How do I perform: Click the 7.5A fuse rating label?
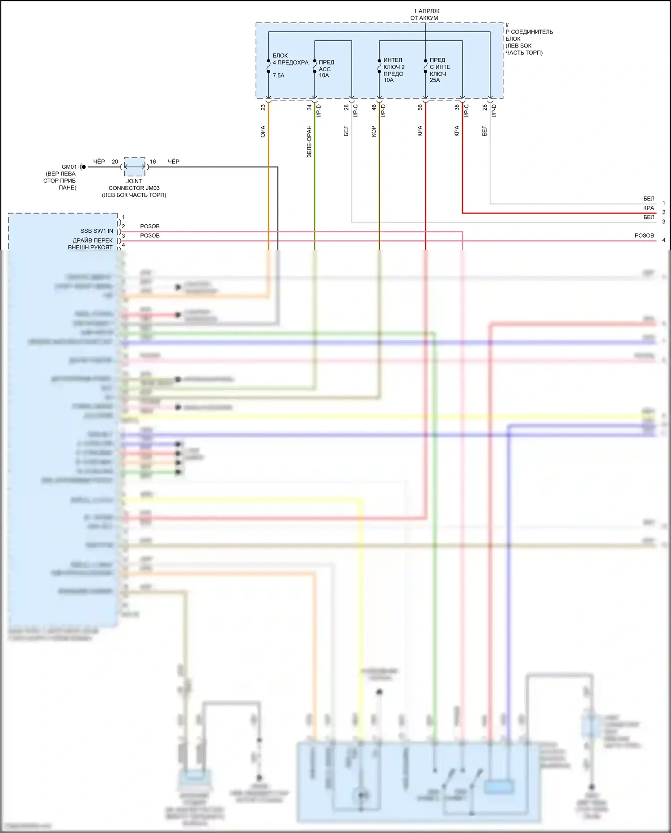[x=278, y=76]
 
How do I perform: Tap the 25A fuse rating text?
[x=435, y=80]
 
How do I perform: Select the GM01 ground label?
[x=69, y=167]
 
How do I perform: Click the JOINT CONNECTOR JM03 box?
[x=134, y=167]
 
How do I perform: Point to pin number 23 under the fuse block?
[x=263, y=107]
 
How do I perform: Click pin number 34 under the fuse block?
[x=309, y=107]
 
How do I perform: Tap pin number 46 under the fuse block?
[x=374, y=107]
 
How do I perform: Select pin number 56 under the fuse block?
[x=420, y=107]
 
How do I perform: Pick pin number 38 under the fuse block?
[x=457, y=107]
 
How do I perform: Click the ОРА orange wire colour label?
[x=263, y=131]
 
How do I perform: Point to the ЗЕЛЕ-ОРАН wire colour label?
[x=309, y=141]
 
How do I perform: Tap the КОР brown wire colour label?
[x=374, y=131]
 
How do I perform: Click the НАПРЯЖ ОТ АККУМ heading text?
[x=425, y=14]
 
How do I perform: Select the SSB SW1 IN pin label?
[x=97, y=231]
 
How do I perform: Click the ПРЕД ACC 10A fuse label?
[x=325, y=69]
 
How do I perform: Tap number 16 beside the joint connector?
[x=153, y=162]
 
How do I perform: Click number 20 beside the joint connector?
[x=115, y=162]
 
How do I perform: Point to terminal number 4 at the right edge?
[x=663, y=240]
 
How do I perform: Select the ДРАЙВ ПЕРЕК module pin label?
[x=93, y=240]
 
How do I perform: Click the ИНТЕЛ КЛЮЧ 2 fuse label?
[x=394, y=67]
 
